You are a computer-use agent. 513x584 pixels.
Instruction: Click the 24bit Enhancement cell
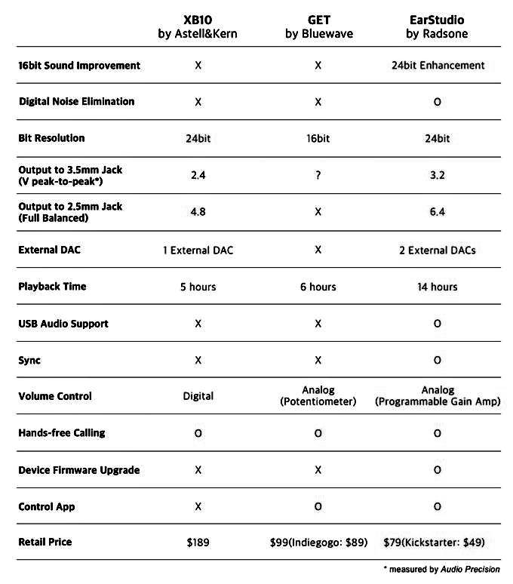point(438,66)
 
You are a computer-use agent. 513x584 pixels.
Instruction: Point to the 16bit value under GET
point(318,138)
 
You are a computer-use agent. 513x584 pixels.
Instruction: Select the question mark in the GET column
point(318,175)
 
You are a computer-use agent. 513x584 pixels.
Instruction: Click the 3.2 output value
point(438,175)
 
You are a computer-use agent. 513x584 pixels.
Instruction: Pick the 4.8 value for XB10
point(198,212)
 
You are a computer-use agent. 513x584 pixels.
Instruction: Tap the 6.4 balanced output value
point(438,212)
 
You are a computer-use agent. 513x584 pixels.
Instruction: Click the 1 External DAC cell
point(198,250)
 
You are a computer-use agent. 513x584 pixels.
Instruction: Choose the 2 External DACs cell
point(438,250)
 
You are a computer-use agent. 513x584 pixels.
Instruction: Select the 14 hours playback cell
point(438,287)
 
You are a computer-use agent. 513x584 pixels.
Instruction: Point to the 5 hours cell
point(198,287)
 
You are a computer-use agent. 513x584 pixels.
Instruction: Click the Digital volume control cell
point(198,396)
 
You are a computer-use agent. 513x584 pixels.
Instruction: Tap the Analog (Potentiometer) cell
point(318,396)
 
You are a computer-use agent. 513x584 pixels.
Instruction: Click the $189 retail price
point(198,542)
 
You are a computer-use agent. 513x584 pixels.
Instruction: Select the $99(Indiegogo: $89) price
point(318,542)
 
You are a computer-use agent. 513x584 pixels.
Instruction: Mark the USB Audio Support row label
point(63,324)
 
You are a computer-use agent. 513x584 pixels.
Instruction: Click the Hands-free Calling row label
point(62,433)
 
